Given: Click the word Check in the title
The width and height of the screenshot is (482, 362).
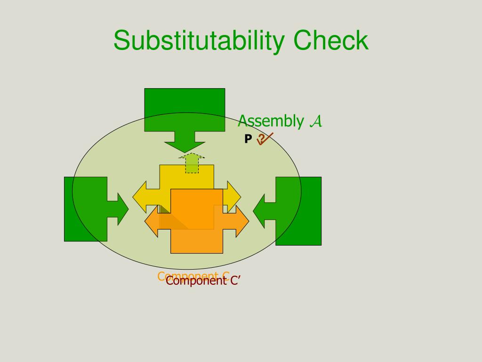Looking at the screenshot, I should click(331, 41).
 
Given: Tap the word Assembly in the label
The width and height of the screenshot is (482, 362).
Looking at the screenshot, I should click(270, 121).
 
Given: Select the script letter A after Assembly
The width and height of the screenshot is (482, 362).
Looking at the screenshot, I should click(316, 122).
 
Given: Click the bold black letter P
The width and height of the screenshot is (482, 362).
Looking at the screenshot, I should click(248, 139).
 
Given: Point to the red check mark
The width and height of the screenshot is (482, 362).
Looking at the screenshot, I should click(267, 139).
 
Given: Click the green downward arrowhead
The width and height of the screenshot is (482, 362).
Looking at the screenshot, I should click(185, 148).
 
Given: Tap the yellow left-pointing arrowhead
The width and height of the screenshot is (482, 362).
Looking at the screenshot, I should click(140, 197).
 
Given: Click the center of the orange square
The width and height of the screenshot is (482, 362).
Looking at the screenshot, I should click(197, 221).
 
